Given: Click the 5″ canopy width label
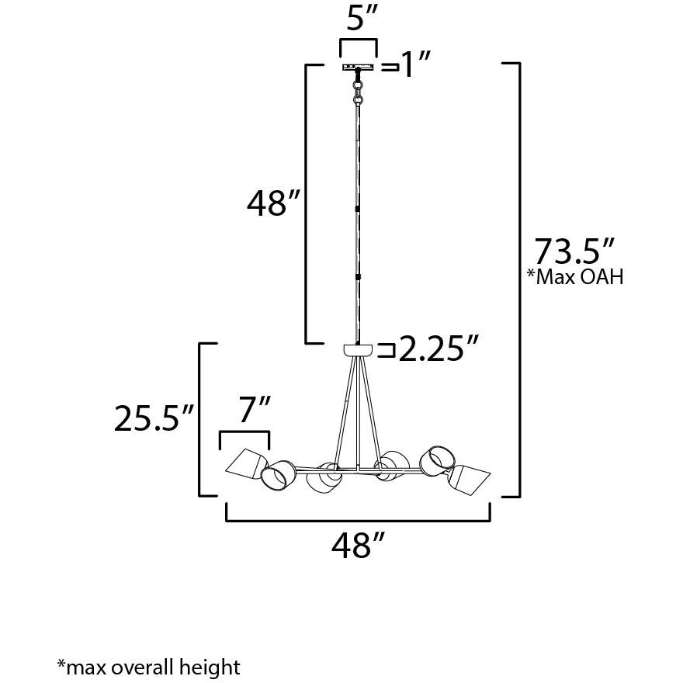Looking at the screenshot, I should click(357, 19).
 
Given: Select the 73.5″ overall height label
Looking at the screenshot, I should click(574, 253).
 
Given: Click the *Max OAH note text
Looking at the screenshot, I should click(575, 277).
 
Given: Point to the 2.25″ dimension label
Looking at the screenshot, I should click(436, 352).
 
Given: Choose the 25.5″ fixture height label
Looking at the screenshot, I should click(153, 419).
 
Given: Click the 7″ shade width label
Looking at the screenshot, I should click(254, 410).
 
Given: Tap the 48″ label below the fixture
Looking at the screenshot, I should click(358, 546).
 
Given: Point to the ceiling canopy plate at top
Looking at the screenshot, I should click(358, 68).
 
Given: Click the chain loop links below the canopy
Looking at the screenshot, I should click(358, 92).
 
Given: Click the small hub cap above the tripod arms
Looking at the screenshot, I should click(358, 350).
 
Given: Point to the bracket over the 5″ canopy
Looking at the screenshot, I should click(358, 40).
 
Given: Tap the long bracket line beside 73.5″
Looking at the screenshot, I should click(518, 279).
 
